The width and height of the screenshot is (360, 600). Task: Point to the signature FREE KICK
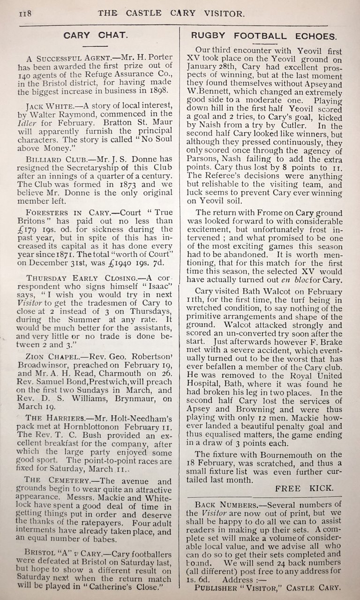pos(304,488)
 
